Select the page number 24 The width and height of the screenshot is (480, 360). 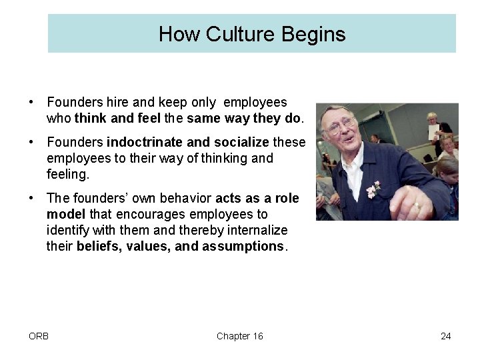[445, 336]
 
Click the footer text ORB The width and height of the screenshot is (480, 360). [39, 336]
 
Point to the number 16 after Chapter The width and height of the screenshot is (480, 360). [257, 336]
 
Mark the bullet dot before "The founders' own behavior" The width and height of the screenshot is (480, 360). [31, 199]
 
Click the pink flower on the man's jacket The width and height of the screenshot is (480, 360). [373, 188]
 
